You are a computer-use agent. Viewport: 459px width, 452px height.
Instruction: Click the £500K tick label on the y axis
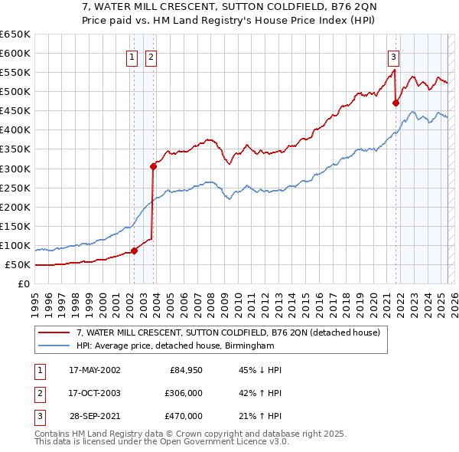coord(15,91)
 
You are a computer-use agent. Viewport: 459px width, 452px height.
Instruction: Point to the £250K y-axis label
coord(15,188)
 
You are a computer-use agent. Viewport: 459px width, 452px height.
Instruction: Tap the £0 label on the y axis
coord(24,283)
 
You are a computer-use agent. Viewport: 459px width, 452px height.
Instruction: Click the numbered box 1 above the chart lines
coord(132,56)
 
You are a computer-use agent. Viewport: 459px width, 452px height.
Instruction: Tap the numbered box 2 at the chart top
coord(151,56)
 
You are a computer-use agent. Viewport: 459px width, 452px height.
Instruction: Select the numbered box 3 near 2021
coord(393,56)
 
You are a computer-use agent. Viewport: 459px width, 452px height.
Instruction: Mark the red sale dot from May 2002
coord(135,251)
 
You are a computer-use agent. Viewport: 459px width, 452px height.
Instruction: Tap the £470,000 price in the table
coord(184,416)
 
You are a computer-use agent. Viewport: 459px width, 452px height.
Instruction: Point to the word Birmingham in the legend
coord(247,346)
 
